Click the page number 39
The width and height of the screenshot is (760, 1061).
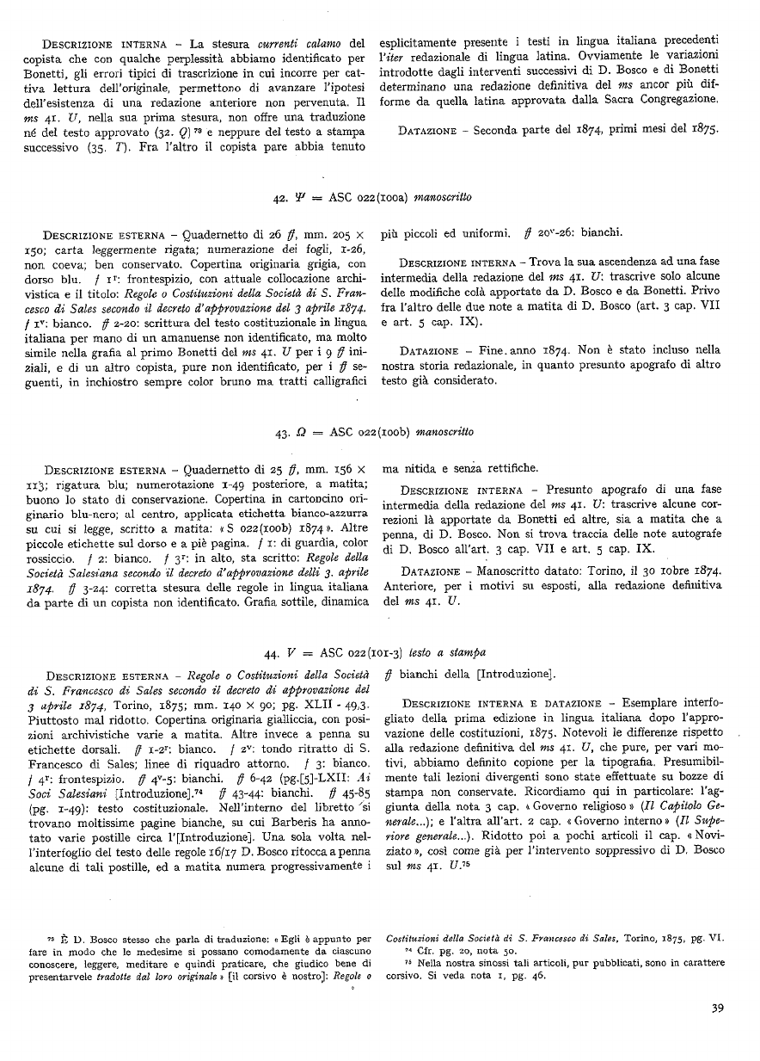tap(716, 1009)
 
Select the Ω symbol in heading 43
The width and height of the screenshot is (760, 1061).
tap(298, 431)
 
